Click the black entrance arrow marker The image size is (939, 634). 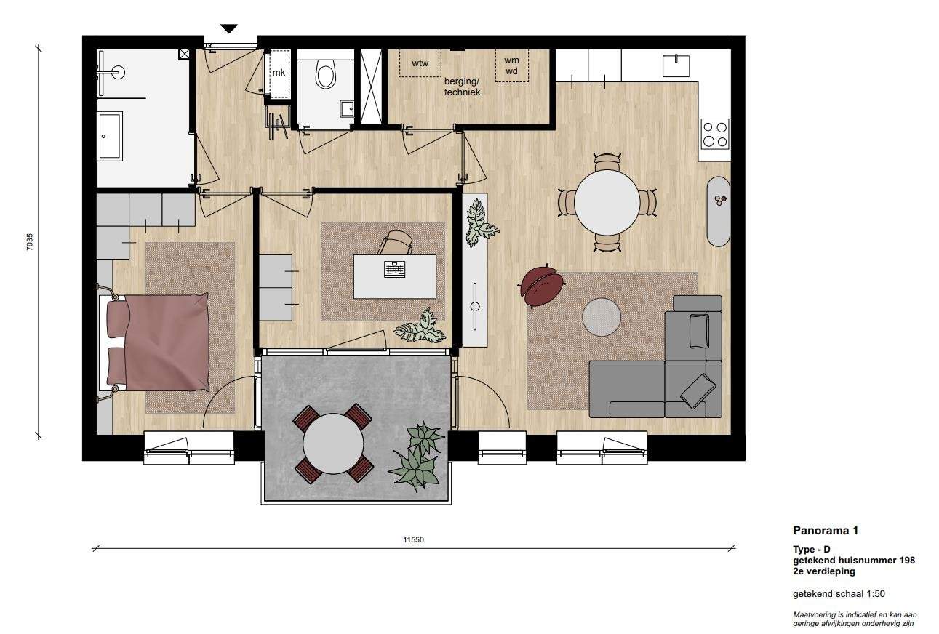tap(229, 28)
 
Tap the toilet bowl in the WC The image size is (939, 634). tap(326, 73)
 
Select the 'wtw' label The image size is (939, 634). tap(420, 63)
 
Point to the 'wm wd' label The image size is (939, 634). tap(511, 65)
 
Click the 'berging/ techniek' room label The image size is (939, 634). tap(462, 87)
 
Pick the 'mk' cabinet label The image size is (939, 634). tap(279, 73)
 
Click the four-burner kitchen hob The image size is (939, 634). tap(715, 134)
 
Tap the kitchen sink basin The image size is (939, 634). tap(676, 65)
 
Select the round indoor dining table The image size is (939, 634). tap(607, 203)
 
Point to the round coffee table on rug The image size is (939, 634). tap(602, 317)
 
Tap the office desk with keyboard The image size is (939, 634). tap(394, 276)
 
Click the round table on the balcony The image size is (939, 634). tap(333, 444)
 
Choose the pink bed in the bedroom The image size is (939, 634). tap(158, 342)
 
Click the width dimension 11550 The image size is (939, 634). tap(413, 539)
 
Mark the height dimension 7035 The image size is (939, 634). tap(29, 242)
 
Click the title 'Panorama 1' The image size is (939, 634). tap(826, 531)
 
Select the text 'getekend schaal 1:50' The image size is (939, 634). tap(839, 594)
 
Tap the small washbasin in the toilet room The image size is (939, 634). tap(347, 108)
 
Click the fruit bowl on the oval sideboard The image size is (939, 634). tap(720, 200)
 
